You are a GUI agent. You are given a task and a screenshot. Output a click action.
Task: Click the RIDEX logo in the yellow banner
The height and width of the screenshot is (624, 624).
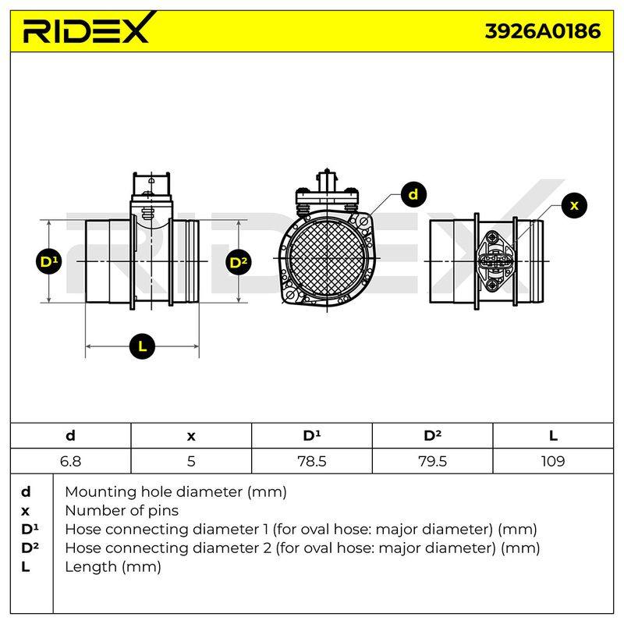click(x=88, y=28)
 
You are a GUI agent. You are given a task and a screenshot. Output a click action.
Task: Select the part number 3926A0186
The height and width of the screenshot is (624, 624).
click(x=542, y=31)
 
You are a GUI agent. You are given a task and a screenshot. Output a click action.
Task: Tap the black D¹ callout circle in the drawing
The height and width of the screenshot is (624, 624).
click(x=48, y=261)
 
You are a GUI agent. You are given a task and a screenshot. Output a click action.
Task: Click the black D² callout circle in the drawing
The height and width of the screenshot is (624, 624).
click(x=239, y=262)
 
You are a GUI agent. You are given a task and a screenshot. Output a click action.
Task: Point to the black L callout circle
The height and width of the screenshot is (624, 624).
click(x=142, y=346)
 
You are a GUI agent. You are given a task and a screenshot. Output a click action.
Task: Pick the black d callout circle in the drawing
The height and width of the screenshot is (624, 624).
click(x=413, y=194)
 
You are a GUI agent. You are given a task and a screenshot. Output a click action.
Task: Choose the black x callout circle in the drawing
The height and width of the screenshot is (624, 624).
click(x=574, y=205)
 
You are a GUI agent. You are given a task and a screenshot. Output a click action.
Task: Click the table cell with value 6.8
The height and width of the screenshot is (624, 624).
click(x=70, y=461)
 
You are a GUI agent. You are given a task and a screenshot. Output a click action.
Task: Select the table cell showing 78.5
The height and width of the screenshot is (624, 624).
click(x=311, y=461)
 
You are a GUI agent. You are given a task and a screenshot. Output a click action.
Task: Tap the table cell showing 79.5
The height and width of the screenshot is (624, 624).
click(x=433, y=461)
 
